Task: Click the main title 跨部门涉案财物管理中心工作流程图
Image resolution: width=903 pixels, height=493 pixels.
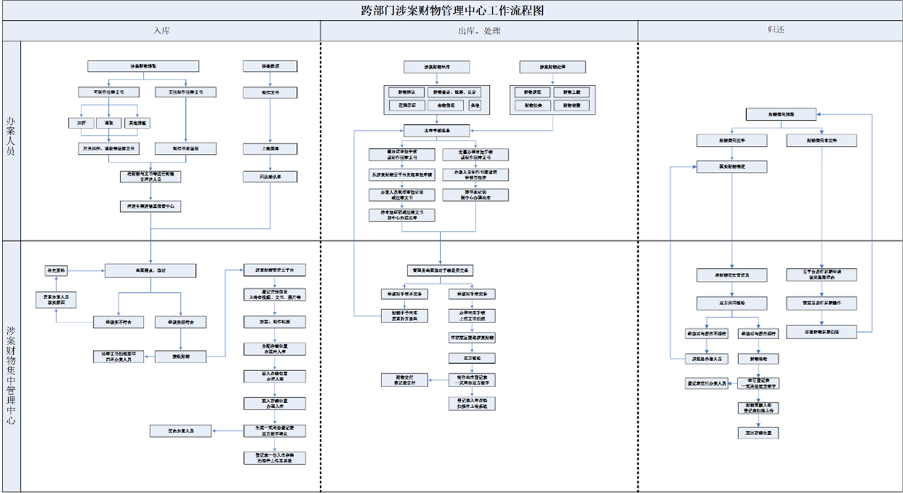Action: click(x=451, y=10)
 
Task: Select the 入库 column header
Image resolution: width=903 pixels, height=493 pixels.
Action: click(x=161, y=31)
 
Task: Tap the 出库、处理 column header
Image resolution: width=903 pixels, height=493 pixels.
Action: click(x=479, y=31)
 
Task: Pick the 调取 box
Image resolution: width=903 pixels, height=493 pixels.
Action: click(x=108, y=123)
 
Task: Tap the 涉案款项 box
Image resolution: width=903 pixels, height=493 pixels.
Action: click(x=270, y=66)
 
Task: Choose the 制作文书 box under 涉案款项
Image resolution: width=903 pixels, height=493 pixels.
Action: click(x=270, y=93)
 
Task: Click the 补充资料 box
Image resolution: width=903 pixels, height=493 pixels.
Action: click(x=56, y=270)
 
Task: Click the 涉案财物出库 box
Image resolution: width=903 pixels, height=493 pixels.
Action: click(x=437, y=67)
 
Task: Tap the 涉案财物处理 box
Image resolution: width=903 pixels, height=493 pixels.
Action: click(x=552, y=67)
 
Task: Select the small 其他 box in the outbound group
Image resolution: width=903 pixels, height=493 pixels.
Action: click(x=475, y=105)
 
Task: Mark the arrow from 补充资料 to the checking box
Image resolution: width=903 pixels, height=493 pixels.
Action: click(x=86, y=270)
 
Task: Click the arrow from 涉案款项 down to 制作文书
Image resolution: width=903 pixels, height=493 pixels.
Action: click(x=270, y=80)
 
